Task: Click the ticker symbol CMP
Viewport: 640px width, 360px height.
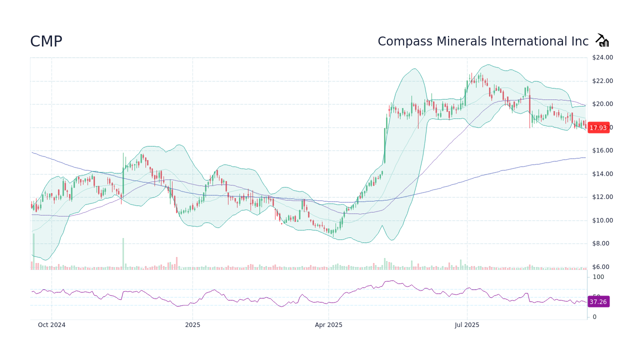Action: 46,41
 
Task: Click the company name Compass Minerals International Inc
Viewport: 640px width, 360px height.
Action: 483,41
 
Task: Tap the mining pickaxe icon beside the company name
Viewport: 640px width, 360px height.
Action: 602,40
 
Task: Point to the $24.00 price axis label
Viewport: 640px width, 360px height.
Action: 602,57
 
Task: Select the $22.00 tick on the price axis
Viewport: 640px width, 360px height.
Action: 602,81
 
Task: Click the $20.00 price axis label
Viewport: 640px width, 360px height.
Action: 602,104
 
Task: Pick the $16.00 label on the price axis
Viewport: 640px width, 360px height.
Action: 602,150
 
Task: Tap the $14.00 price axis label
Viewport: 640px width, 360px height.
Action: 602,174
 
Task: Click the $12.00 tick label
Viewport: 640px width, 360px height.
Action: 602,197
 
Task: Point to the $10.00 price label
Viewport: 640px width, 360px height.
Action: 602,220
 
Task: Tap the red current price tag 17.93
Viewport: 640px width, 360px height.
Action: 598,127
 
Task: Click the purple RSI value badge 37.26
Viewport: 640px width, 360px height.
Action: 598,302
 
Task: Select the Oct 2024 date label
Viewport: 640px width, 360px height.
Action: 51,325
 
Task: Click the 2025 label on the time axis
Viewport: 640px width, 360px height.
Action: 192,325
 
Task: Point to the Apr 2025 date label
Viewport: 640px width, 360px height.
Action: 328,325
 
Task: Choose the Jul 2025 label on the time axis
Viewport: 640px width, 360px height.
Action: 467,325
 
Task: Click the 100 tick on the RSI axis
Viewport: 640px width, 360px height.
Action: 598,277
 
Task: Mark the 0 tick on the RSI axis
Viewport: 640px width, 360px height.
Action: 594,317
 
